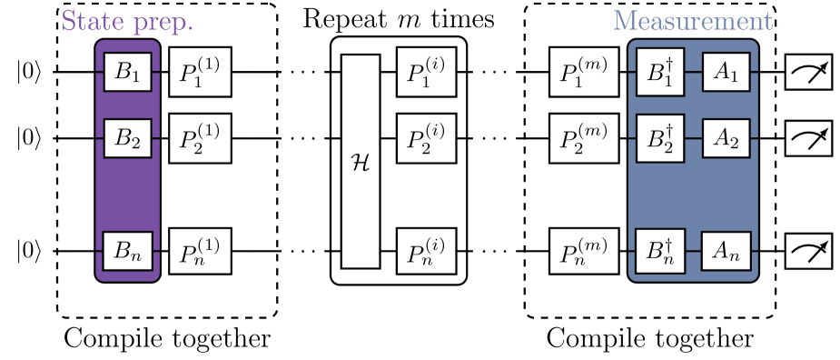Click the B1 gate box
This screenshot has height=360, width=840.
tap(127, 72)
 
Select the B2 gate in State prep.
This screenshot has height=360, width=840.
tap(127, 137)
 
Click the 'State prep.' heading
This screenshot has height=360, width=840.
tap(126, 21)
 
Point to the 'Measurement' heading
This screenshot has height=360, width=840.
tap(693, 21)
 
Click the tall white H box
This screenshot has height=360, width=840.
tap(360, 161)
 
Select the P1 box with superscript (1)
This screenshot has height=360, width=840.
tap(200, 72)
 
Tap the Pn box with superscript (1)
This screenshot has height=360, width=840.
tap(200, 250)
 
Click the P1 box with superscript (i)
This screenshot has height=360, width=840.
tap(427, 72)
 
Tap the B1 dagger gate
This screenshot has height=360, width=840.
tap(659, 72)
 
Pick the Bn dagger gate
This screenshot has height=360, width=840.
tap(659, 250)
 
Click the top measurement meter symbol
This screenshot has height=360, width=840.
tap(808, 72)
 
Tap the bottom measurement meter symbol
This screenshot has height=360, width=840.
tap(808, 250)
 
